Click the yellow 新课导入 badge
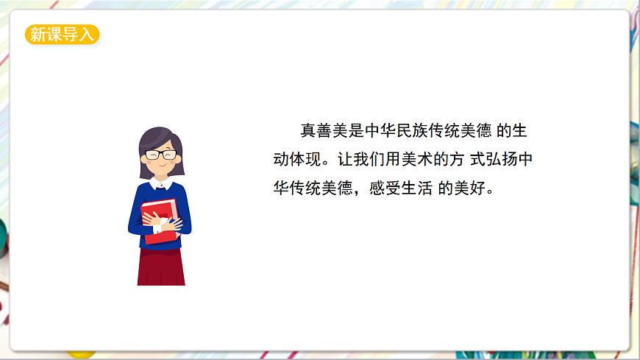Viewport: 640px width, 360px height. pos(62,35)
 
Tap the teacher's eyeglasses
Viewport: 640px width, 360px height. pos(161,155)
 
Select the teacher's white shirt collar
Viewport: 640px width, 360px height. pos(161,182)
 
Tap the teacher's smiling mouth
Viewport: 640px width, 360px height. pos(161,166)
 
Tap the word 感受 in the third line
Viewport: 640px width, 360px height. pos(381,187)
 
